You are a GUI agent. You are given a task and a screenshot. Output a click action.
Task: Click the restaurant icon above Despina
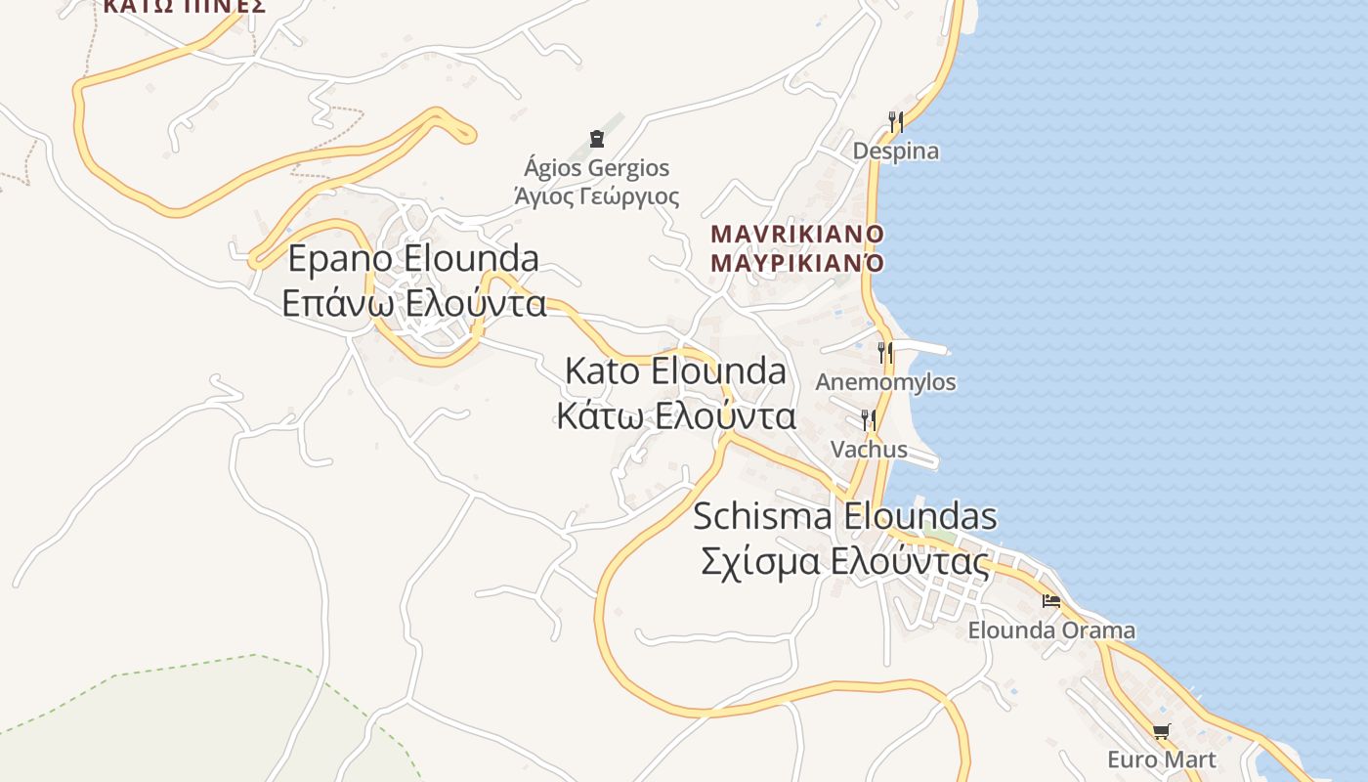(x=895, y=121)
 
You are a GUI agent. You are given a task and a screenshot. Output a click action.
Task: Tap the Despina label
(x=895, y=152)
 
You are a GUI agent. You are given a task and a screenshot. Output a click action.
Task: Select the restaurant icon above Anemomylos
(x=885, y=352)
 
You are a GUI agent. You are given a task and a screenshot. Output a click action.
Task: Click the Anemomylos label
(x=885, y=382)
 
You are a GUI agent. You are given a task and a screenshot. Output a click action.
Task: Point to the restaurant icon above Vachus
(x=868, y=420)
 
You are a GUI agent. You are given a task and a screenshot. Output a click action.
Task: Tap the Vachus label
(x=869, y=450)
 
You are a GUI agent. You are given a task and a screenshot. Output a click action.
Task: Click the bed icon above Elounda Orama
(x=1051, y=600)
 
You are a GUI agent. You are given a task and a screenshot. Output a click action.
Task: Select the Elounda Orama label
(x=1051, y=630)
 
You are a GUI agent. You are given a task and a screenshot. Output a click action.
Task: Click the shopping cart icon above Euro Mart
(x=1161, y=731)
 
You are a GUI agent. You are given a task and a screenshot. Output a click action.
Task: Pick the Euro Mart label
(x=1161, y=760)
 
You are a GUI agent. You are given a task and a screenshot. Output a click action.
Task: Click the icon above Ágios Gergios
(x=597, y=139)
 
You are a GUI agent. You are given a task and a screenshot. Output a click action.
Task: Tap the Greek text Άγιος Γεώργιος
(x=597, y=196)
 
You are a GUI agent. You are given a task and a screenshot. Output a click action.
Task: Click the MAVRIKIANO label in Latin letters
(x=797, y=235)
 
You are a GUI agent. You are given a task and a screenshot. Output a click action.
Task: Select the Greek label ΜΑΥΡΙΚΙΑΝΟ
(x=797, y=263)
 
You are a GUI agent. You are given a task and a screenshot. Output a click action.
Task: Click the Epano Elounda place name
(x=413, y=258)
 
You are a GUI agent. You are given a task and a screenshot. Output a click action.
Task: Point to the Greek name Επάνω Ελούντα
(x=413, y=303)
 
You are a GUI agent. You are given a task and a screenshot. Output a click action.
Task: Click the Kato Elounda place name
(x=675, y=371)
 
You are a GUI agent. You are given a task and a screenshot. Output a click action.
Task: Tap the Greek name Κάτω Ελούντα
(x=675, y=416)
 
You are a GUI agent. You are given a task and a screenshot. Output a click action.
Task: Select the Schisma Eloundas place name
(x=844, y=516)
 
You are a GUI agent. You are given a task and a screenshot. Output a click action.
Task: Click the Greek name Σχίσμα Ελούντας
(x=844, y=562)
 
